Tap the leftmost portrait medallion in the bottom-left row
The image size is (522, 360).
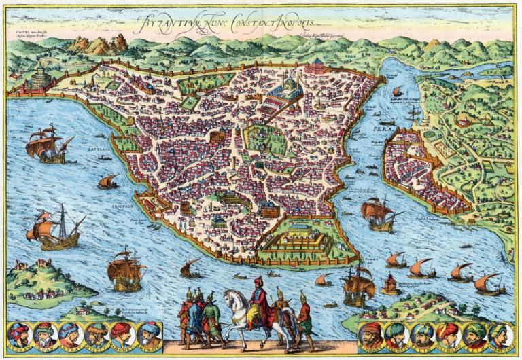point(20,334)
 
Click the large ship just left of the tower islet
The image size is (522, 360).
point(357,285)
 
